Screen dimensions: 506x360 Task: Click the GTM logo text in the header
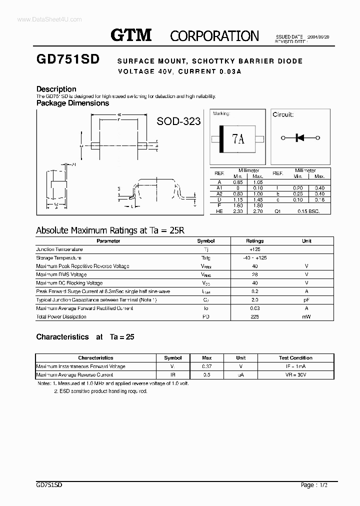click(131, 35)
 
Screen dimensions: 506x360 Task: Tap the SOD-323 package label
click(178, 121)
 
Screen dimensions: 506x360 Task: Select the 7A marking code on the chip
click(238, 139)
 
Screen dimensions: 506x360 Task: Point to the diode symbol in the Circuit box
click(300, 138)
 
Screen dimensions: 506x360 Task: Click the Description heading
click(56, 89)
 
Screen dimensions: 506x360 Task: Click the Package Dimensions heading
click(72, 103)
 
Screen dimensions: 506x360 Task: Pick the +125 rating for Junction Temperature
click(255, 249)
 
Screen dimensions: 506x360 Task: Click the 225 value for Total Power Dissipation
click(255, 317)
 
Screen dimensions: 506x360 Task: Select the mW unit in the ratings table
click(306, 317)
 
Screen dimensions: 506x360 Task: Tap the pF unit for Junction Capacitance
click(306, 300)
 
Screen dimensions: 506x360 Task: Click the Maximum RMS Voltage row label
click(61, 274)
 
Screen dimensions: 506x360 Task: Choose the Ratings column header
click(255, 241)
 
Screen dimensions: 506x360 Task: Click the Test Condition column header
click(295, 358)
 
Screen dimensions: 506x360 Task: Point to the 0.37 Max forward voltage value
click(207, 366)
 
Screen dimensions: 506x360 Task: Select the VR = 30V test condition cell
click(295, 374)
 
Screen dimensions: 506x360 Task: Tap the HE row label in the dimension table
click(219, 211)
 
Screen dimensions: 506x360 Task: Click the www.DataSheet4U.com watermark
click(42, 19)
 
